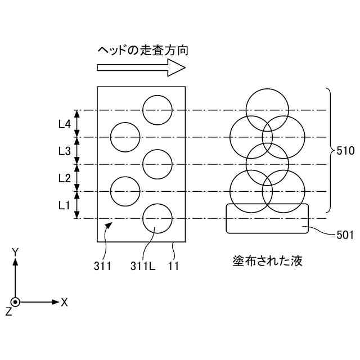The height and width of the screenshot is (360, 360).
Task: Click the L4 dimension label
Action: pyautogui.click(x=64, y=124)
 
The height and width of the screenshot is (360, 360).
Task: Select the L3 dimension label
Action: pyautogui.click(x=64, y=151)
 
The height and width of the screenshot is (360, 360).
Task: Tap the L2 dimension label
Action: pyautogui.click(x=64, y=178)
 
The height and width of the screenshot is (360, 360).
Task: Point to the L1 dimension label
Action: pyautogui.click(x=64, y=205)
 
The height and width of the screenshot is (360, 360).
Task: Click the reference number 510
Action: pyautogui.click(x=345, y=151)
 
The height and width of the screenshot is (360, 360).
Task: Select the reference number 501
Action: pyautogui.click(x=344, y=235)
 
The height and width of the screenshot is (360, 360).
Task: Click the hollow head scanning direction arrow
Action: pyautogui.click(x=141, y=67)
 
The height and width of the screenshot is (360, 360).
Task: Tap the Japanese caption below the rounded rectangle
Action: pyautogui.click(x=267, y=262)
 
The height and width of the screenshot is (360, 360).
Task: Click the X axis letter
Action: pyautogui.click(x=65, y=303)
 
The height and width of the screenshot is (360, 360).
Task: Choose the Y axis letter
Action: pyautogui.click(x=16, y=253)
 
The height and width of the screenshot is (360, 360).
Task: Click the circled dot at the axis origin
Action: pyautogui.click(x=16, y=302)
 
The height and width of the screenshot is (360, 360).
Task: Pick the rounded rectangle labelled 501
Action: pyautogui.click(x=267, y=218)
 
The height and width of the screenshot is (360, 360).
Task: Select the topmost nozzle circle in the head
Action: pyautogui.click(x=157, y=110)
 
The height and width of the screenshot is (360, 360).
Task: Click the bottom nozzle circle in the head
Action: pyautogui.click(x=157, y=219)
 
